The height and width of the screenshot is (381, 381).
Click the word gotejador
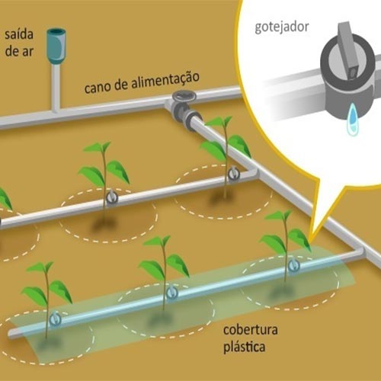(282, 27)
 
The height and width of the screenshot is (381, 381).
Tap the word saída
(19, 34)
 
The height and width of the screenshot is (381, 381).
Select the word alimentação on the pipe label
(165, 81)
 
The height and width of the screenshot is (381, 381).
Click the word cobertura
(250, 330)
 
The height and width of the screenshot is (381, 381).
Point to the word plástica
(244, 347)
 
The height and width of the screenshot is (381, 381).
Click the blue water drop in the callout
(353, 119)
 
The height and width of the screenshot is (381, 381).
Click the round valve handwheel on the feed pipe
(184, 96)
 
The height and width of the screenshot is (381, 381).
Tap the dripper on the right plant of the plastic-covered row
(294, 265)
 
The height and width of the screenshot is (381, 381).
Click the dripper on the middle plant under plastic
(171, 292)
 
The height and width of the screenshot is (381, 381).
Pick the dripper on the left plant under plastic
(55, 319)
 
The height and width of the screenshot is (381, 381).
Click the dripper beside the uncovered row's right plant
(233, 174)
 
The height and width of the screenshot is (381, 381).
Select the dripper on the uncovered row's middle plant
(111, 197)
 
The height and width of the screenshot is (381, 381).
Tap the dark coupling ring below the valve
(192, 116)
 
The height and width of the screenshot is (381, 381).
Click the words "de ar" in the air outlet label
(19, 51)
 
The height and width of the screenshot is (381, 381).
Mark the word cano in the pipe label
(98, 87)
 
